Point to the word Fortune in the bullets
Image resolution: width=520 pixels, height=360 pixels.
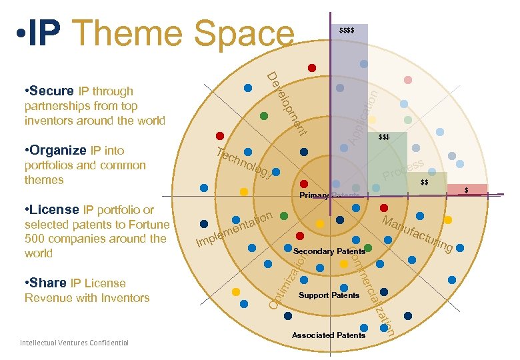click(146, 225)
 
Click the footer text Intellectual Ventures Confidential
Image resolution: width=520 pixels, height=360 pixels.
click(75, 343)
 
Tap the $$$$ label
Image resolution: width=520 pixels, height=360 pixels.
click(347, 31)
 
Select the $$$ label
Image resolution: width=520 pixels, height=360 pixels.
click(384, 137)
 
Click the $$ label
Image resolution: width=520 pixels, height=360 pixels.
click(425, 183)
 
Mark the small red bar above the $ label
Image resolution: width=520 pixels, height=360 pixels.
click(467, 189)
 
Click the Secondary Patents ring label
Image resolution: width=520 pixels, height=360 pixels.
click(329, 251)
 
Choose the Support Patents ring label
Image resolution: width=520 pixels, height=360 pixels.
click(329, 295)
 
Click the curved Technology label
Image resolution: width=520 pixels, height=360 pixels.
click(244, 163)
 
